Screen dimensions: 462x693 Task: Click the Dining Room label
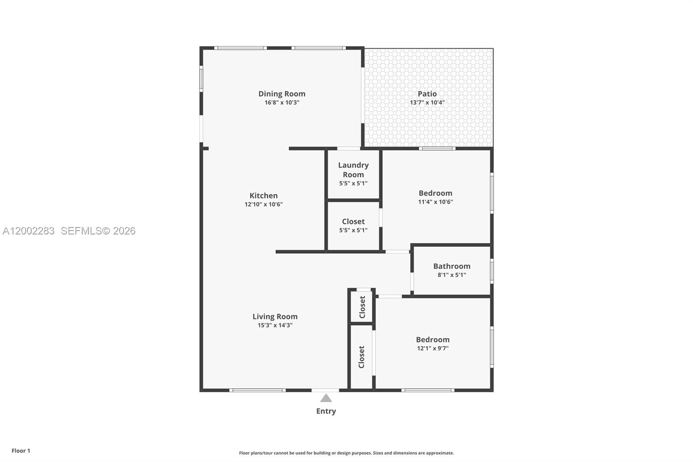tap(282, 94)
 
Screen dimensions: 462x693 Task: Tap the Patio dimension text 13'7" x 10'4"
tap(427, 103)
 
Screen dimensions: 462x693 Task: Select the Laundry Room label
tap(353, 169)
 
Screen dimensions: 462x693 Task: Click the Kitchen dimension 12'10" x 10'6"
tap(263, 204)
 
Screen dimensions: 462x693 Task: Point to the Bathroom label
tap(451, 266)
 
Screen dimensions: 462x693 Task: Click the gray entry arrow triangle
tap(326, 398)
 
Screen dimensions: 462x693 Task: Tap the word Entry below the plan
tap(326, 411)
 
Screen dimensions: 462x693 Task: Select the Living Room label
tap(275, 316)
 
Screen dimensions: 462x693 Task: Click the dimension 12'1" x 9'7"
tap(432, 348)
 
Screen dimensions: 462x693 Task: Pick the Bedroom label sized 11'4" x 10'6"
tap(435, 193)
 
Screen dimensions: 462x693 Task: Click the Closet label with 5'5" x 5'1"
tap(353, 221)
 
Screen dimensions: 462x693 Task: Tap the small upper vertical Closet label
tap(363, 307)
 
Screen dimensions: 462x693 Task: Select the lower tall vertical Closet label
tap(362, 357)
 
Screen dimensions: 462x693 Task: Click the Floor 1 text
tap(21, 451)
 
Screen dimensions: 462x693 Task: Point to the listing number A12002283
tap(29, 231)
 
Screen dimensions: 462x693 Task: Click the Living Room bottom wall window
tap(257, 390)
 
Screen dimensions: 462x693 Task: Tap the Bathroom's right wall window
tap(492, 271)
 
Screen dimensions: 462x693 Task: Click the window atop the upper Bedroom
tap(437, 149)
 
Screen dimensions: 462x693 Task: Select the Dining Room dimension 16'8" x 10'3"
tap(282, 103)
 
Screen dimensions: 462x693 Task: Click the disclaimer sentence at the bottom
tap(346, 453)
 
